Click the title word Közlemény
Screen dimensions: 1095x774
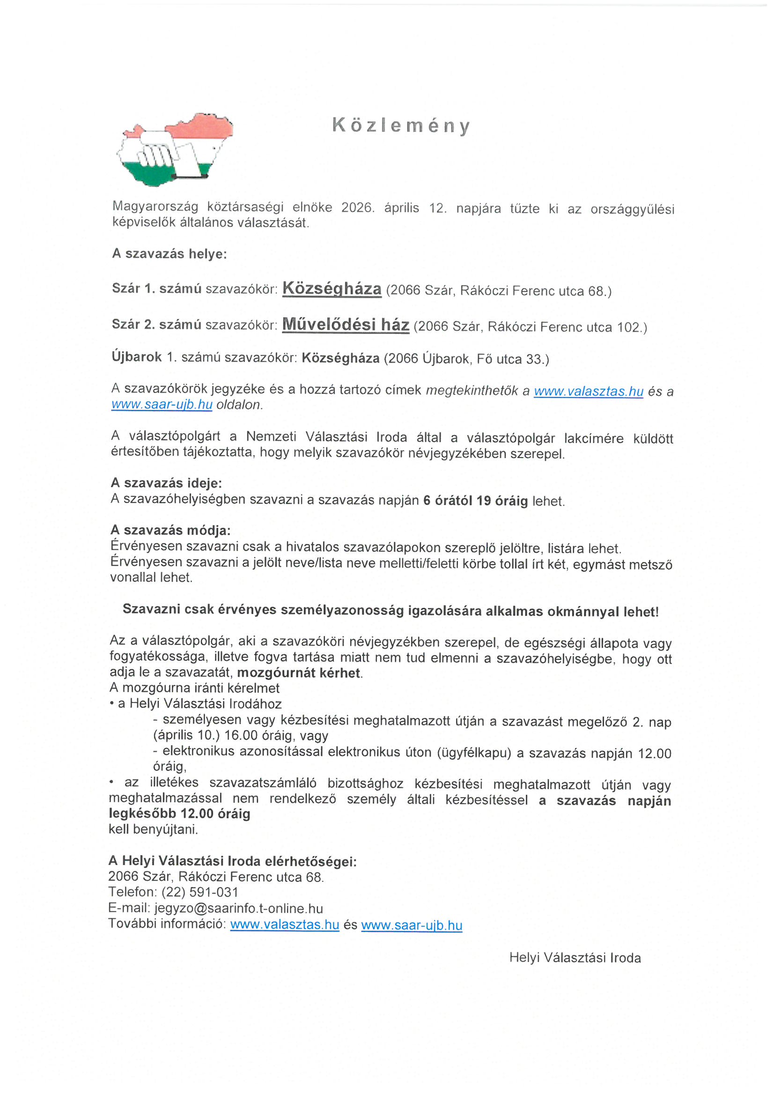tap(401, 126)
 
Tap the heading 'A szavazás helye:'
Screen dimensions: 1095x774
tap(170, 254)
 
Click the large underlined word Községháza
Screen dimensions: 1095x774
tap(332, 289)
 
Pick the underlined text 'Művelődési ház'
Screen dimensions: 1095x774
tap(346, 325)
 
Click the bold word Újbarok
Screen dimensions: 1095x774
tap(136, 357)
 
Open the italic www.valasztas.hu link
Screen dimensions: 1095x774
tap(589, 392)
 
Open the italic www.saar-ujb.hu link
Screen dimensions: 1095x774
tap(162, 405)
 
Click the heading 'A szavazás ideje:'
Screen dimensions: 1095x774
tap(166, 483)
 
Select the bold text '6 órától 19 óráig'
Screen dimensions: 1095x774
tap(475, 501)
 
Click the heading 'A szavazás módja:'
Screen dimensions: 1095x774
tap(170, 530)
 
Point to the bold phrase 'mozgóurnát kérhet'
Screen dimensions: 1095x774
tap(299, 673)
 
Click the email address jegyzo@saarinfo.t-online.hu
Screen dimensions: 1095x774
tap(238, 909)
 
